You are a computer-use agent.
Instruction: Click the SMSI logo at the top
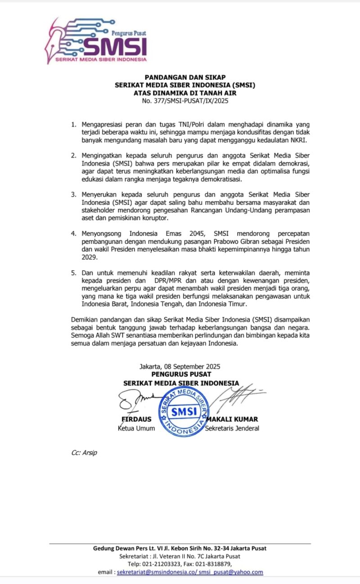(x=96, y=41)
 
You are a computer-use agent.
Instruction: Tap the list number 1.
(x=73, y=124)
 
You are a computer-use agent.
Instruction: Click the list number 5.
(x=73, y=273)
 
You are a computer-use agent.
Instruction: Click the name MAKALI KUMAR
(x=232, y=419)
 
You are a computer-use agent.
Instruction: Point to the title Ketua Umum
(x=136, y=428)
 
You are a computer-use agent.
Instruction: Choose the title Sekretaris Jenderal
(x=232, y=428)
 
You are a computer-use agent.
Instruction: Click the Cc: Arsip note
(x=84, y=453)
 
